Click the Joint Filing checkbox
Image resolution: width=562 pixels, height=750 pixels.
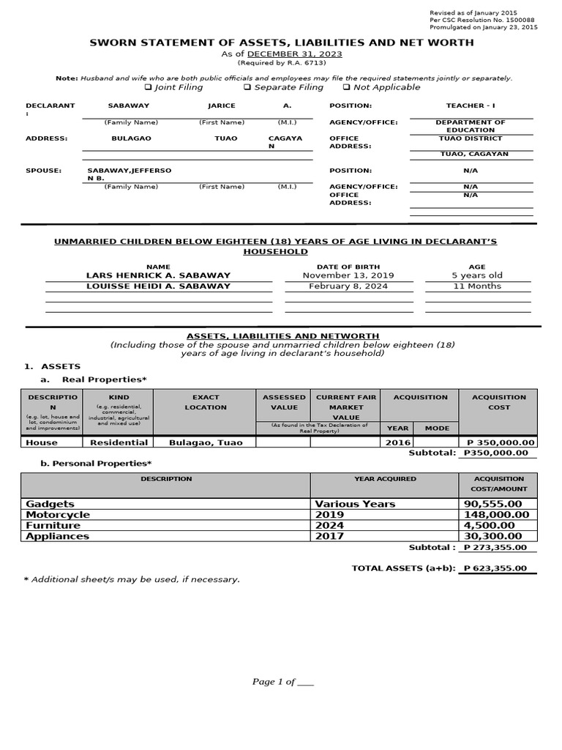(x=147, y=88)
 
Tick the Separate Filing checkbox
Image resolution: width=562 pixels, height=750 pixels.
(x=247, y=88)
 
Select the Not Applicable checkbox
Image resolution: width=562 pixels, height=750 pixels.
(x=346, y=88)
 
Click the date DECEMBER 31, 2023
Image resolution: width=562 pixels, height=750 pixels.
(x=295, y=54)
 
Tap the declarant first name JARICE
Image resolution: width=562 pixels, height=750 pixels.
(x=222, y=106)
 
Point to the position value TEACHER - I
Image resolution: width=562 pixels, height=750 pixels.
(x=471, y=106)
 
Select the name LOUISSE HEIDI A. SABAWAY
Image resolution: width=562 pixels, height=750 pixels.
(x=158, y=286)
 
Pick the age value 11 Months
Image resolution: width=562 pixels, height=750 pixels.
(x=477, y=286)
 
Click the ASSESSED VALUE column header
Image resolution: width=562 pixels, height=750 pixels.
(x=284, y=402)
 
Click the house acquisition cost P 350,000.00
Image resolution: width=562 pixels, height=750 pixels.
(x=497, y=442)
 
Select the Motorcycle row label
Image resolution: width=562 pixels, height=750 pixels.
(x=58, y=515)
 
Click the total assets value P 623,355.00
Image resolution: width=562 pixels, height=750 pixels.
(x=498, y=568)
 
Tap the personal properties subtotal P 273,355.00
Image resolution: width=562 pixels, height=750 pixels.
(x=498, y=547)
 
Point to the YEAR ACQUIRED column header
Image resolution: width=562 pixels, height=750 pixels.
(x=385, y=479)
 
